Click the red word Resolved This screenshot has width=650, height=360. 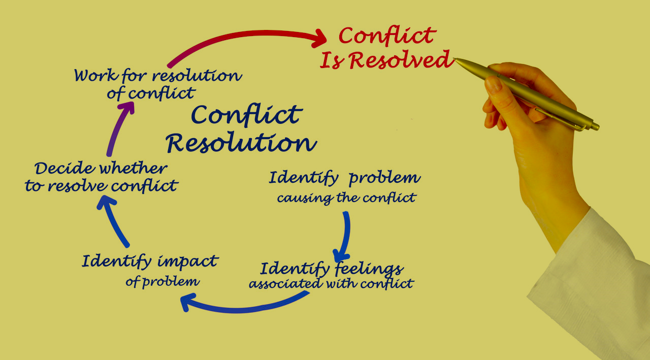[x=401, y=60]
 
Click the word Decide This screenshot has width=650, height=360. [x=64, y=168]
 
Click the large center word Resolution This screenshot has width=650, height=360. [x=242, y=143]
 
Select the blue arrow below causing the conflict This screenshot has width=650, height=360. [x=344, y=236]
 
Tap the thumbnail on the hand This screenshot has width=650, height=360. [x=493, y=84]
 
